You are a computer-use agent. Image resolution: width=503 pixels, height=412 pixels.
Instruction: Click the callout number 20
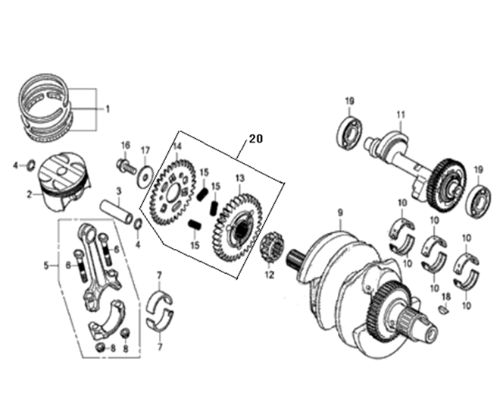pyautogui.click(x=256, y=139)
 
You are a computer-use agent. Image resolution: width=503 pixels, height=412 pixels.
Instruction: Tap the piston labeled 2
pyautogui.click(x=64, y=181)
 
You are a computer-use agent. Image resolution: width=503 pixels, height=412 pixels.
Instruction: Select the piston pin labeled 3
pyautogui.click(x=116, y=212)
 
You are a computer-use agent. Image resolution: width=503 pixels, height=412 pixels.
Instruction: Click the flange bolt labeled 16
pyautogui.click(x=126, y=165)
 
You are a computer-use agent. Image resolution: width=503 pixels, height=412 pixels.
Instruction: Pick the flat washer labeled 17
pyautogui.click(x=145, y=176)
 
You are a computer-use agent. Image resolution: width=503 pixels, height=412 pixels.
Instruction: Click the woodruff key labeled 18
pyautogui.click(x=444, y=310)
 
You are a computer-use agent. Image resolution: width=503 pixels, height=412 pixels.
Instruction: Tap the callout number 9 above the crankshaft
pyautogui.click(x=340, y=212)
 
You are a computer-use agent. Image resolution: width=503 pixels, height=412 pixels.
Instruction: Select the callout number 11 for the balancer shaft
pyautogui.click(x=401, y=115)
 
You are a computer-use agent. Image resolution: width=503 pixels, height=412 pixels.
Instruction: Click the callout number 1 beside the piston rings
pyautogui.click(x=108, y=109)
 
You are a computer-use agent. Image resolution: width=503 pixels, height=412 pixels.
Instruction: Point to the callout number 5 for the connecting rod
pyautogui.click(x=47, y=266)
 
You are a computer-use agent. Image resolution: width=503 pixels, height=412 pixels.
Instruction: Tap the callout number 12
pyautogui.click(x=270, y=275)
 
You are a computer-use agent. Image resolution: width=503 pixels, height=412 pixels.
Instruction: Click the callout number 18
pyautogui.click(x=446, y=297)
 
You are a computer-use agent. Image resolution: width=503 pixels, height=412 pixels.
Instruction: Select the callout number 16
pyautogui.click(x=126, y=145)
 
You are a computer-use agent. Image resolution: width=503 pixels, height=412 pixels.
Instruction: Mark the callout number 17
pyautogui.click(x=145, y=150)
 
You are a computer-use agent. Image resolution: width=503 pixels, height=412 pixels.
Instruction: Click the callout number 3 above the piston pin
pyautogui.click(x=119, y=191)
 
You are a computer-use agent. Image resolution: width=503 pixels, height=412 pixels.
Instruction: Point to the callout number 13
pyautogui.click(x=240, y=178)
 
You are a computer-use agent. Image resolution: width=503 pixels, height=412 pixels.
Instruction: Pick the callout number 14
pyautogui.click(x=177, y=146)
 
